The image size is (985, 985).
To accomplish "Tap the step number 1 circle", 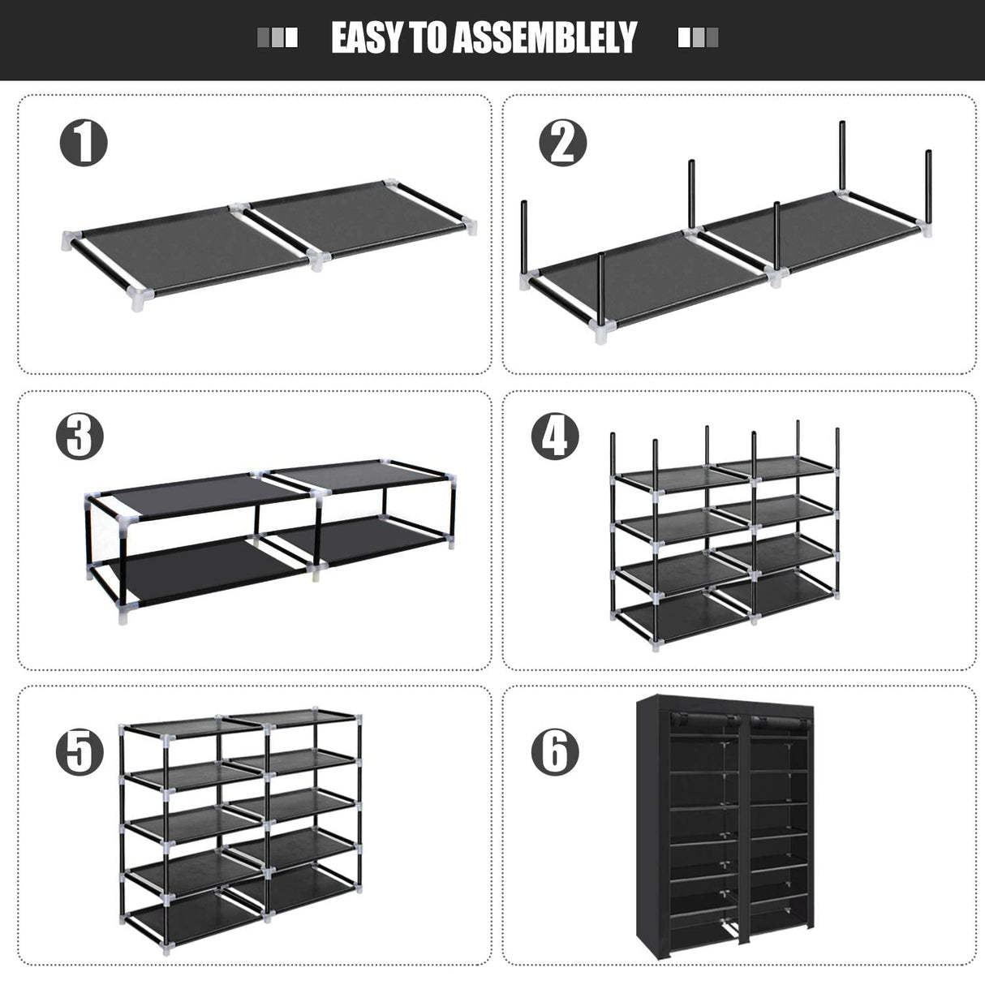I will click(84, 143).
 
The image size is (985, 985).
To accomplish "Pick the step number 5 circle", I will click(80, 751).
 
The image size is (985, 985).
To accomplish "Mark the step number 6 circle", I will click(555, 751).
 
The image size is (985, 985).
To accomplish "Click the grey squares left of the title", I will click(277, 38).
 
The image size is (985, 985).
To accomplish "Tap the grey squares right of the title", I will click(698, 38).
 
